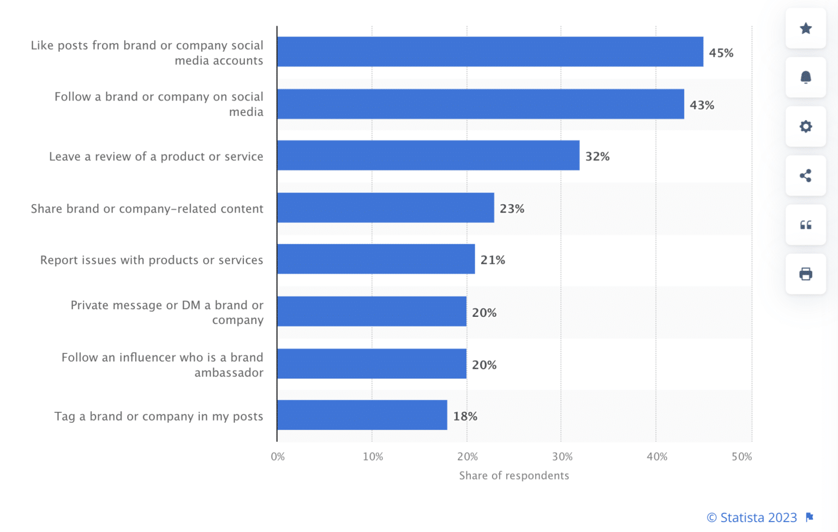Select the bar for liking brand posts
[490, 52]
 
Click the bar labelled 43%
[480, 104]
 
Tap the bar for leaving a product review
[428, 155]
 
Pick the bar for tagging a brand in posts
[362, 415]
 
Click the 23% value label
[512, 209]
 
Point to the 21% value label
[493, 260]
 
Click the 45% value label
[721, 53]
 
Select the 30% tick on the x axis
[562, 457]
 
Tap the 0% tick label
[278, 457]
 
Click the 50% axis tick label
[741, 457]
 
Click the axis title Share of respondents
[514, 476]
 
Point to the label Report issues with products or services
[152, 260]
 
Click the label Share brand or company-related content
[147, 209]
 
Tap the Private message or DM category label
[167, 312]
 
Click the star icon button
[805, 28]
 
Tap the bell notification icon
[805, 77]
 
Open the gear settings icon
[805, 127]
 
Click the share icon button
[805, 175]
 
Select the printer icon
[805, 274]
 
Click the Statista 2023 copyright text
[752, 517]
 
